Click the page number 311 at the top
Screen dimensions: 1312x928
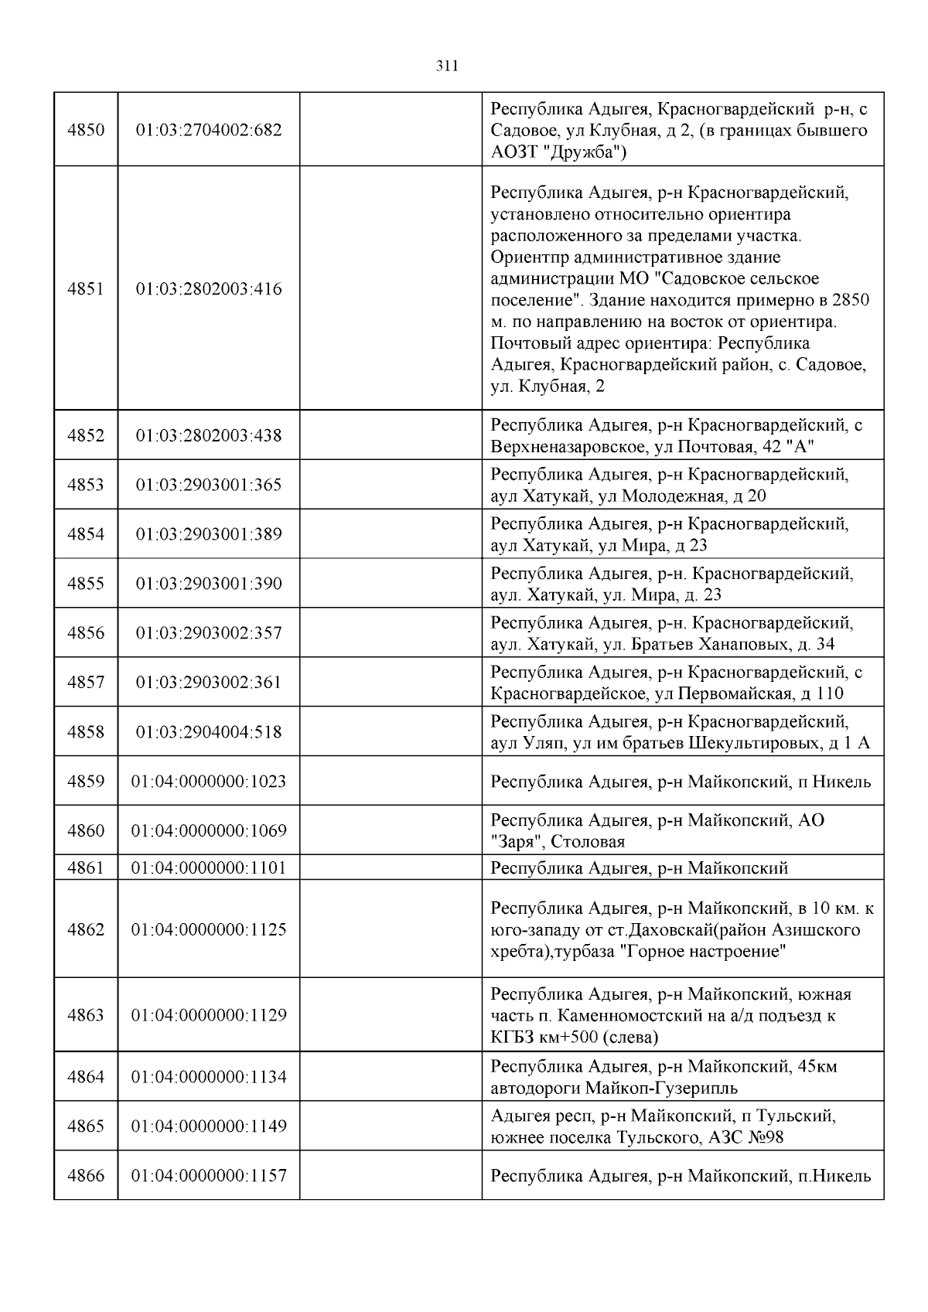(448, 66)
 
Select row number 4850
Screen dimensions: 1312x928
(86, 130)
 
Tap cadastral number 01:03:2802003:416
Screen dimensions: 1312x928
(209, 289)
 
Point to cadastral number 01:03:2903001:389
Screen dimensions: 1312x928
(209, 534)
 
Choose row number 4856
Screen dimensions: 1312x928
(86, 633)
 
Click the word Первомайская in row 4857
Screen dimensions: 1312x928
(735, 693)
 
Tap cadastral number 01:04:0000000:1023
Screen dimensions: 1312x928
(209, 782)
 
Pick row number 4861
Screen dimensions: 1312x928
(86, 867)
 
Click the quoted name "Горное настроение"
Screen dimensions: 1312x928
(704, 951)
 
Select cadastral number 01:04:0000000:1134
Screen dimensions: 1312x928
(209, 1077)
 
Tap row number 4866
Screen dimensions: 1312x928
(86, 1176)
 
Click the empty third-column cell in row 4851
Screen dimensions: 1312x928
(391, 289)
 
